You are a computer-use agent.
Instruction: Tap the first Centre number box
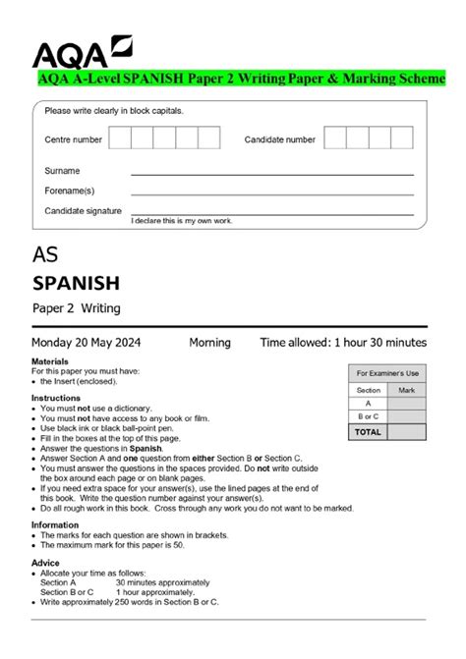[120, 139]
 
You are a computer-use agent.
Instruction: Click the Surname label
[62, 171]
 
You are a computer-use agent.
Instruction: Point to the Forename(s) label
[70, 191]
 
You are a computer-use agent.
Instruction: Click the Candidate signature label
[83, 211]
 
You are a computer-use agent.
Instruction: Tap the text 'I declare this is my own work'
[182, 221]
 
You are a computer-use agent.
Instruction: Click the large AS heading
[45, 254]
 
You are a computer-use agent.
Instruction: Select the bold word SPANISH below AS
[76, 284]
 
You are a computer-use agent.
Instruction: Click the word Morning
[209, 343]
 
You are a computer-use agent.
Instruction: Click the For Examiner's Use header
[387, 373]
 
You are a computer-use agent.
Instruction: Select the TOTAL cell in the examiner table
[368, 431]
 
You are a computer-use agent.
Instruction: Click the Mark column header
[407, 390]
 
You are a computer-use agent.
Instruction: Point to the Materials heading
[49, 361]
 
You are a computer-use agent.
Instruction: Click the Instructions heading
[55, 398]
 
